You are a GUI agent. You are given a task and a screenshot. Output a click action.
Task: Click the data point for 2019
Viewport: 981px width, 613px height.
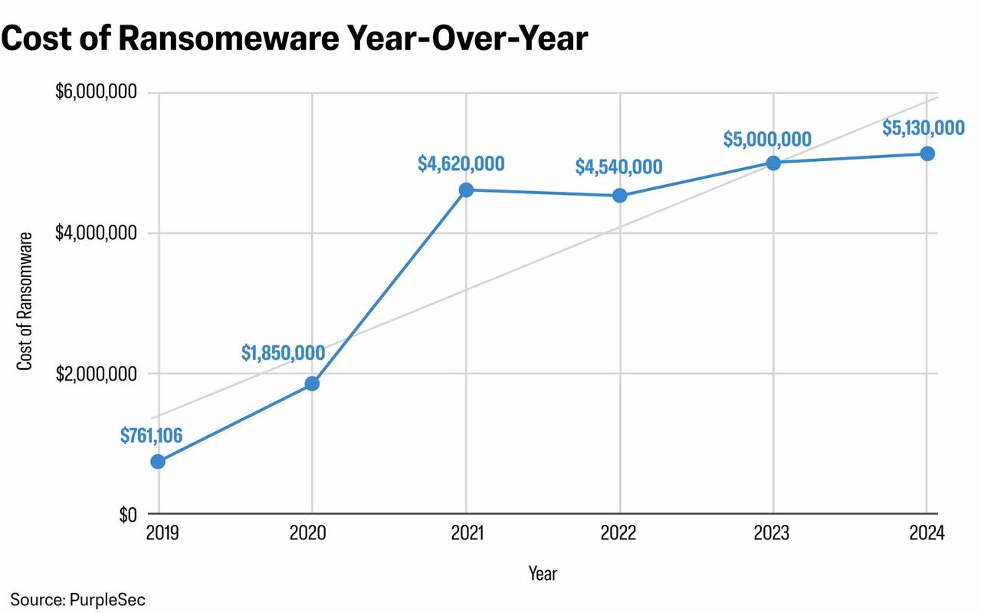[158, 461]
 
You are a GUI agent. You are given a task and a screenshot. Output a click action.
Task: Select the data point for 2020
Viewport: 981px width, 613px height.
[312, 384]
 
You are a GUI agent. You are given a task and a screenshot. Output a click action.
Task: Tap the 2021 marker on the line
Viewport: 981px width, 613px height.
[466, 190]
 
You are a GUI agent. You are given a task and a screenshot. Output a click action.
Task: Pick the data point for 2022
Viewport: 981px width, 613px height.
[619, 195]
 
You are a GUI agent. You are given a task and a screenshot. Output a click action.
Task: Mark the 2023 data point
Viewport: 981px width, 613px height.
[773, 163]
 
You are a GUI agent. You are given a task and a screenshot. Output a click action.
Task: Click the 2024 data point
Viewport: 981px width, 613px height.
[927, 153]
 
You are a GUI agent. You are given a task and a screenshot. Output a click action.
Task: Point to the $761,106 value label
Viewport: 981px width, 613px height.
[151, 436]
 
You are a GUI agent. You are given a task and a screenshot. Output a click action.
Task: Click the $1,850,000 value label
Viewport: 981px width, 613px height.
[283, 353]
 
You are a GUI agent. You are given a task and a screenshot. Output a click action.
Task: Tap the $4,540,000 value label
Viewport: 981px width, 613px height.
[618, 166]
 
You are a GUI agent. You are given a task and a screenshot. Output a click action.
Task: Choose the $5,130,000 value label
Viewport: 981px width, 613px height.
[923, 127]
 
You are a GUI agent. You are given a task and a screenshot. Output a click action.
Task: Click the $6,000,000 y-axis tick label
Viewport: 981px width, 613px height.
[96, 93]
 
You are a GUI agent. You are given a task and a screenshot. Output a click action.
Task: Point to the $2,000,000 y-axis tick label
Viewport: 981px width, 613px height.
[96, 374]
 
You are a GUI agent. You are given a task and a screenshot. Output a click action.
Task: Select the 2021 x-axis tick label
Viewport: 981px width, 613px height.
[466, 533]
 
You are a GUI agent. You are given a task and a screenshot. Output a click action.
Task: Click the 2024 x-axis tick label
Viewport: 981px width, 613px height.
[927, 533]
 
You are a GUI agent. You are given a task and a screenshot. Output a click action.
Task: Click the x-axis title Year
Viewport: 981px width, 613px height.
[543, 573]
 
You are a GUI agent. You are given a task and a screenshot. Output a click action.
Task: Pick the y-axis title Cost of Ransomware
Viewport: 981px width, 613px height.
[25, 301]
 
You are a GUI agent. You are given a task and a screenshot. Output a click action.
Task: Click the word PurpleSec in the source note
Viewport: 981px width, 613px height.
[107, 599]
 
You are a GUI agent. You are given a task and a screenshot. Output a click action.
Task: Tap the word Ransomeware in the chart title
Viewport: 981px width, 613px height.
[235, 38]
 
